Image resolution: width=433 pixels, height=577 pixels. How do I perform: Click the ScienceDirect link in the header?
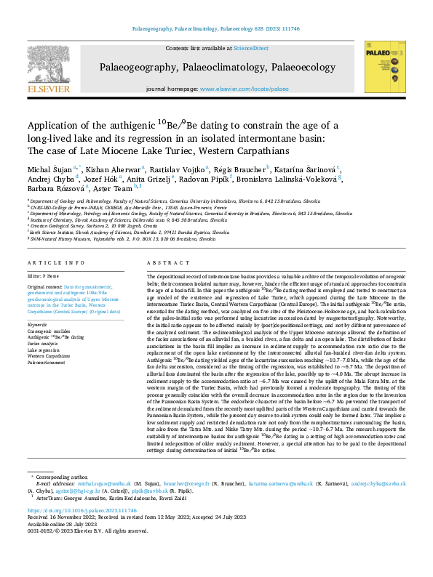point(251,48)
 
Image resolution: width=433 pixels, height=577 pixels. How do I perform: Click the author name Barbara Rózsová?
point(49,189)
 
